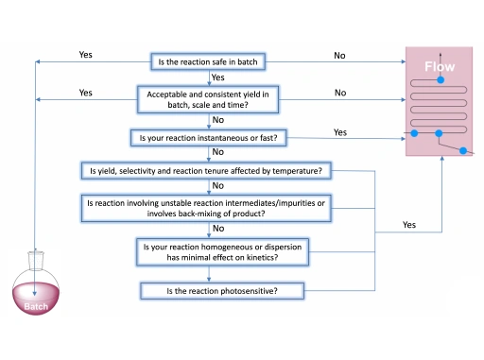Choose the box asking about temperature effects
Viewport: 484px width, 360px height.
[x=208, y=171]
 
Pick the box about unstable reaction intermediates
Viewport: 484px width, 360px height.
[x=208, y=208]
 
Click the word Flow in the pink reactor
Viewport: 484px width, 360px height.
[x=439, y=68]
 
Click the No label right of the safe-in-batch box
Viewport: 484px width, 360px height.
[x=339, y=56]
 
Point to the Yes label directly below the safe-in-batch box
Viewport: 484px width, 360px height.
[x=217, y=77]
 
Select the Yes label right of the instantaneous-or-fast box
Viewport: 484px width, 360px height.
[x=339, y=132]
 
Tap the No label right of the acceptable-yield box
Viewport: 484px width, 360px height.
[x=339, y=93]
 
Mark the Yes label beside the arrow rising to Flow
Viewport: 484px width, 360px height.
[x=408, y=225]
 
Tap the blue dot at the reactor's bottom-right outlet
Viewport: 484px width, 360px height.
[x=462, y=150]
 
